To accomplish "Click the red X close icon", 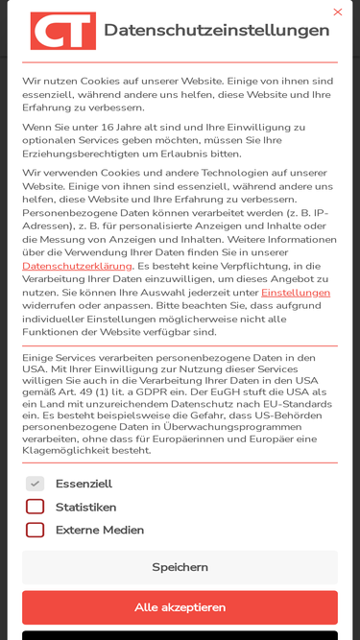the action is (x=337, y=12).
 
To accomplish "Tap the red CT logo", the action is (x=63, y=31).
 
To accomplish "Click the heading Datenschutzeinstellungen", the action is (x=216, y=30).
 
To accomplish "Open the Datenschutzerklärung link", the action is (x=77, y=266).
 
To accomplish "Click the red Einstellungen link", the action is (x=296, y=293).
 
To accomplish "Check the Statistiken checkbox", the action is (x=35, y=507).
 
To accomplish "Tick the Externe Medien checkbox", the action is (x=35, y=530).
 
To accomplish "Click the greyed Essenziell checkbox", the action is (x=35, y=484).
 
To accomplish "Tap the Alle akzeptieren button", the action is (x=180, y=607).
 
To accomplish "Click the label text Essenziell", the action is (x=84, y=484).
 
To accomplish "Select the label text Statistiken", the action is (x=85, y=507).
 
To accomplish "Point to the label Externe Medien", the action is (x=100, y=530).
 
